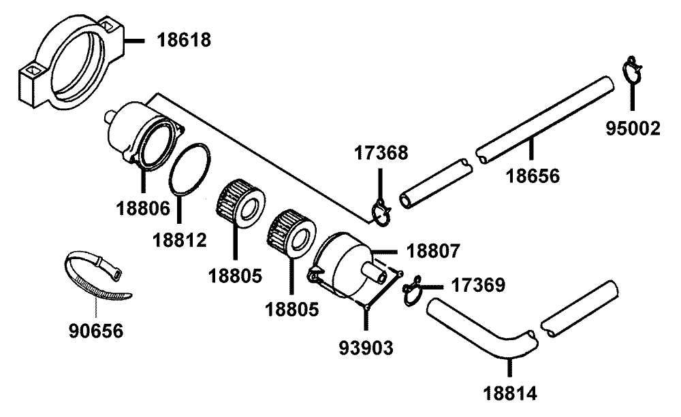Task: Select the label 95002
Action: (x=634, y=129)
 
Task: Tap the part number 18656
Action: (x=532, y=176)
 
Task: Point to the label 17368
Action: (x=381, y=152)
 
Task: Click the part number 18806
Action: (x=142, y=208)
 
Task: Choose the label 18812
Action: (x=178, y=239)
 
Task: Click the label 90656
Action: (x=96, y=331)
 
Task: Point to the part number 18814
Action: (x=510, y=393)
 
